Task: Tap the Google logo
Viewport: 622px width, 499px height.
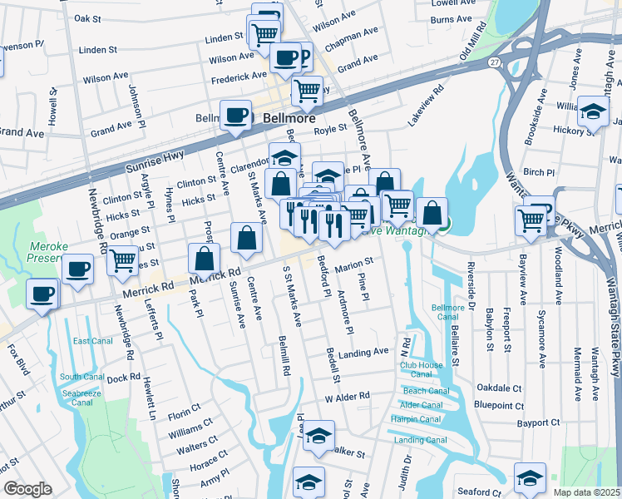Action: (x=27, y=489)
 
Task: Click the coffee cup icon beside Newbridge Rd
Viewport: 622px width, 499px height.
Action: (x=77, y=269)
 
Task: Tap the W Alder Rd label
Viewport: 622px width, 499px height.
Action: (x=347, y=397)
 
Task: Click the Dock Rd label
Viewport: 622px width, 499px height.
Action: (x=123, y=378)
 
